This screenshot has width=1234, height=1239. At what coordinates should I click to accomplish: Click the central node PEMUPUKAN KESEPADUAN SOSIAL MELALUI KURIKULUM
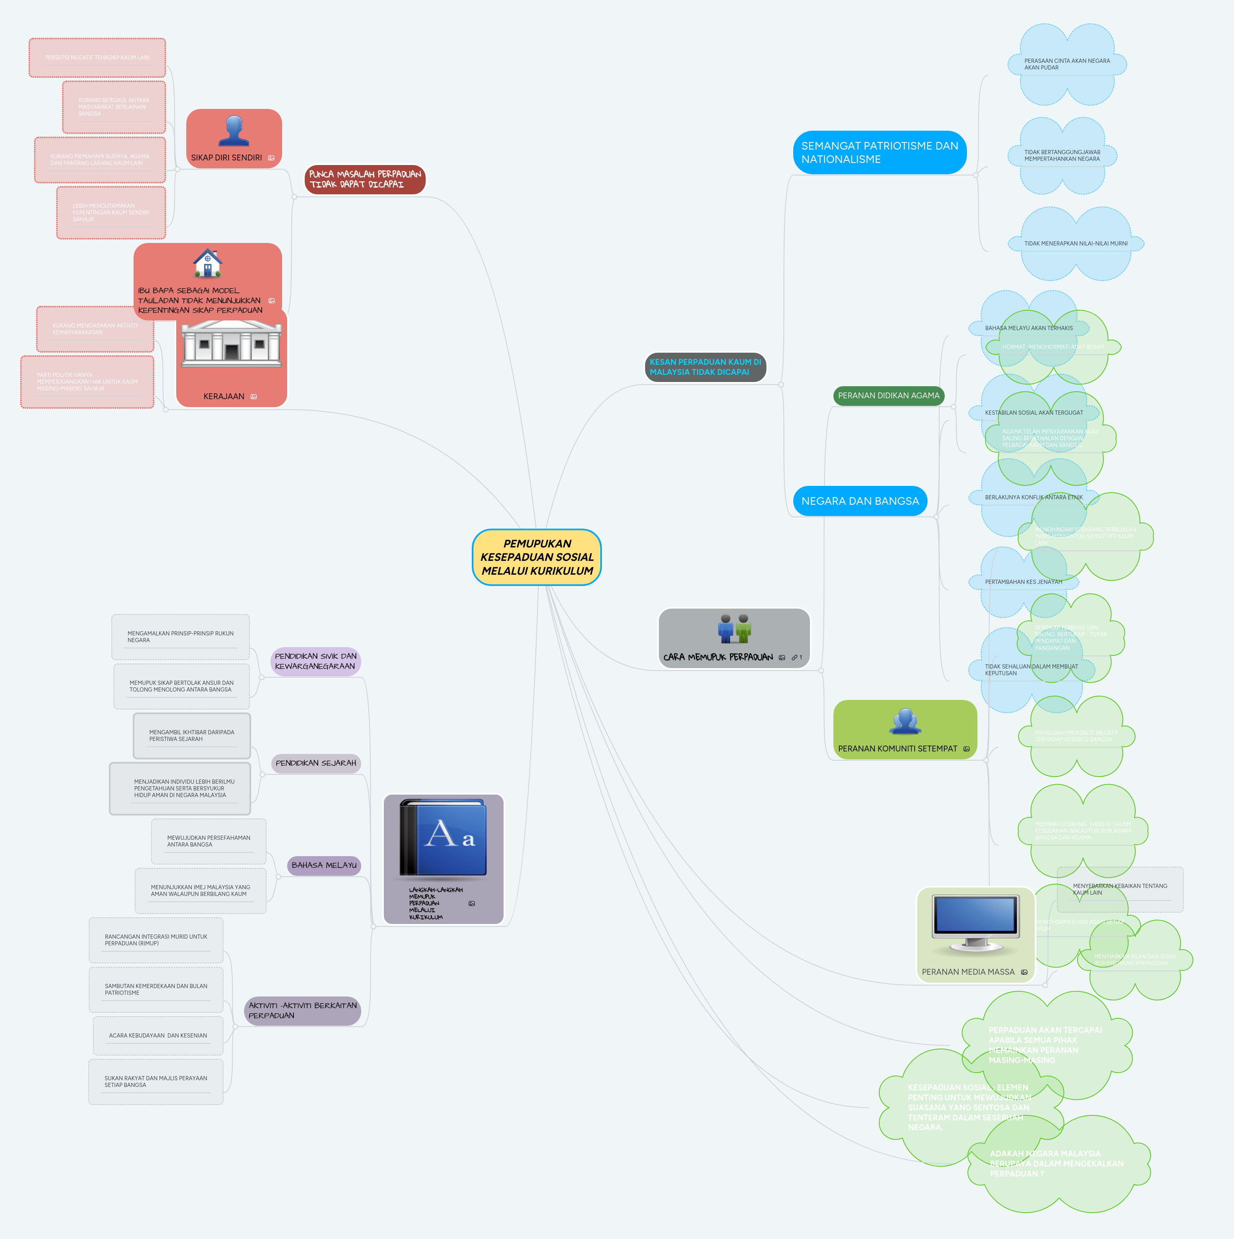pos(537,557)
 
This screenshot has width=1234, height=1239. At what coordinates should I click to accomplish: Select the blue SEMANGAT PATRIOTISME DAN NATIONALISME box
pos(879,152)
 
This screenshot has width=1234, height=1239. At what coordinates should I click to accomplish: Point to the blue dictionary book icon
pos(443,838)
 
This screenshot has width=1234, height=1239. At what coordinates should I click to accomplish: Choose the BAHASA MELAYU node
pos(324,865)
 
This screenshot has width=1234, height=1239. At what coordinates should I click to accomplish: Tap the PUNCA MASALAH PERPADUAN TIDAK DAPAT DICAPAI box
pos(365,179)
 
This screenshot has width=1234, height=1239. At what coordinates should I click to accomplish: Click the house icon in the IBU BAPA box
pos(208,263)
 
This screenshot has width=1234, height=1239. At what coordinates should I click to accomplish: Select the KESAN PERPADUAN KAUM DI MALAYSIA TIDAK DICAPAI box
pos(705,367)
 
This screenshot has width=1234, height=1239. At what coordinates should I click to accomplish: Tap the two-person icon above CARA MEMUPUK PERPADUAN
pos(734,628)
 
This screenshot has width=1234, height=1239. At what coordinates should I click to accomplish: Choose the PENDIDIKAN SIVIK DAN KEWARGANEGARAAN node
pos(315,661)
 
